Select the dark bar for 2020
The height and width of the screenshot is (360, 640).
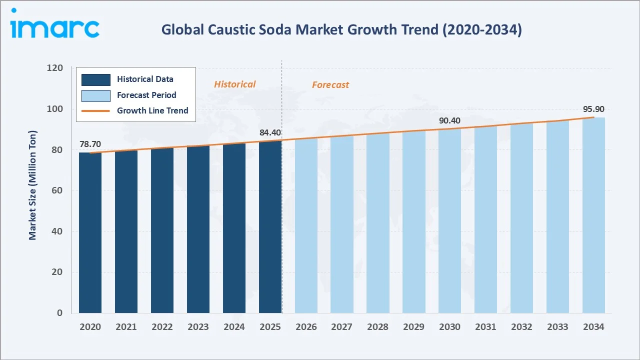pos(90,232)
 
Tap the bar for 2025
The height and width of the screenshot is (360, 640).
pos(270,227)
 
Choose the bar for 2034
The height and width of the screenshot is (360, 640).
pos(593,215)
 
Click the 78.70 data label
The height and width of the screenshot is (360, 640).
pos(90,144)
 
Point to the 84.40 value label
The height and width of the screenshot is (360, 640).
pos(270,132)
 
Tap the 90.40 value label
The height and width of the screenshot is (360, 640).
pos(449,120)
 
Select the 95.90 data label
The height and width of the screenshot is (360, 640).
pos(593,109)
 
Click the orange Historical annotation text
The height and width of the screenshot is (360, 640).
pos(234,84)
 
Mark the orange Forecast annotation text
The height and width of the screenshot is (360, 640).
pos(330,85)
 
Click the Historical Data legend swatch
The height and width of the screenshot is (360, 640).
pos(96,79)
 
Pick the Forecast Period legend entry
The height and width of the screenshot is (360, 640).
pos(146,95)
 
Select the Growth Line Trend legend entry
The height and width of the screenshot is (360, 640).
pos(152,110)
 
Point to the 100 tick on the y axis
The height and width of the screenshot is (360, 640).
pos(55,109)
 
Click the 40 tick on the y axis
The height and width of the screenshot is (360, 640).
pos(58,231)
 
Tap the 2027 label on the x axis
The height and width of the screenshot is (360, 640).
pos(341,327)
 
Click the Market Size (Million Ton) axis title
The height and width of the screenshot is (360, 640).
pos(32,185)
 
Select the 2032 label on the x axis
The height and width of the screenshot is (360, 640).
pos(521,327)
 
